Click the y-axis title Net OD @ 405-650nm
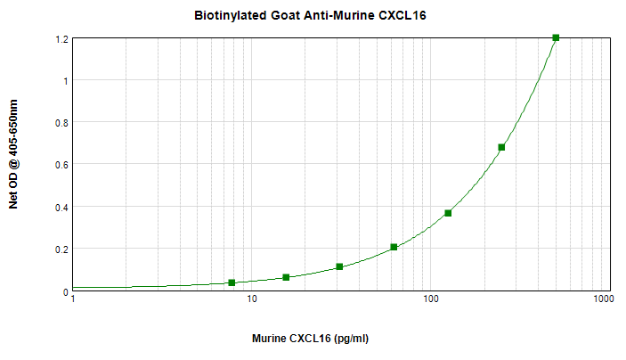[x=13, y=154]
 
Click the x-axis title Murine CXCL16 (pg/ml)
[x=310, y=340]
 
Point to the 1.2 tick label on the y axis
[x=61, y=39]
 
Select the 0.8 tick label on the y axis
[x=61, y=123]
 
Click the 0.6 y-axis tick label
[x=61, y=165]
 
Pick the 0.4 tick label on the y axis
[x=61, y=208]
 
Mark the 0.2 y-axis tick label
[x=61, y=250]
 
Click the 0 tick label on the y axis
[x=65, y=291]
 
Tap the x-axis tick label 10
[x=252, y=299]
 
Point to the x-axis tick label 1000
[x=602, y=299]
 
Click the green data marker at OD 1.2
[x=556, y=37]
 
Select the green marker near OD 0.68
[x=501, y=147]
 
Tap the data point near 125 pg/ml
[x=448, y=213]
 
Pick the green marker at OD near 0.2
[x=394, y=247]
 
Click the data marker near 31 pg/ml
[x=339, y=266]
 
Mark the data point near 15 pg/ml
[x=286, y=277]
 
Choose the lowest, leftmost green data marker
[x=232, y=282]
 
